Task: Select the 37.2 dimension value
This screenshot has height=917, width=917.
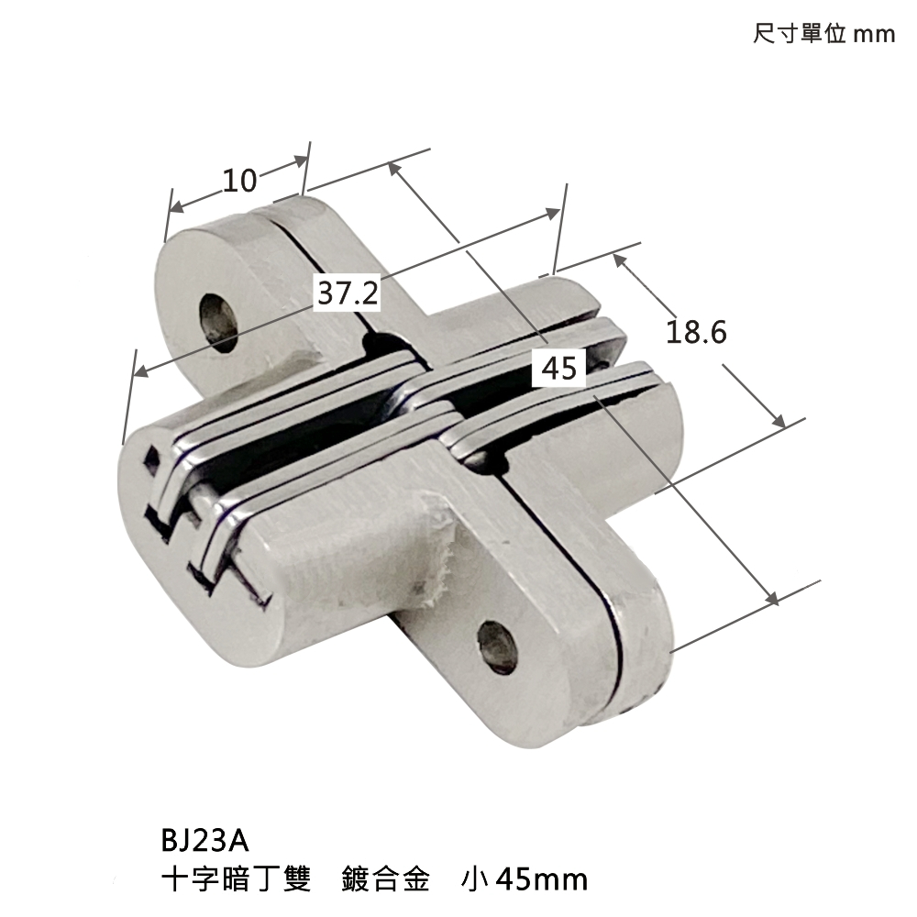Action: [x=348, y=293]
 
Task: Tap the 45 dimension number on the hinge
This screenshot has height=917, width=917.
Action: [x=559, y=369]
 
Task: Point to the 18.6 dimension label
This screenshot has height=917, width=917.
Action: [x=696, y=332]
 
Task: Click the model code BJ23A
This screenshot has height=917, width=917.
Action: [x=204, y=842]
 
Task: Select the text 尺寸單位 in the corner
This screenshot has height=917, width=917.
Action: [x=800, y=33]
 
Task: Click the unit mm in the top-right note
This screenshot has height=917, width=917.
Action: [x=874, y=35]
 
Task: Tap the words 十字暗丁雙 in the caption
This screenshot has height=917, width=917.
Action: [x=236, y=879]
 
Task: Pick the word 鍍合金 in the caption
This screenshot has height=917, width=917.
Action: [x=386, y=879]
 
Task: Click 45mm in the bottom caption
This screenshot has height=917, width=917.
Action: [x=542, y=879]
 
